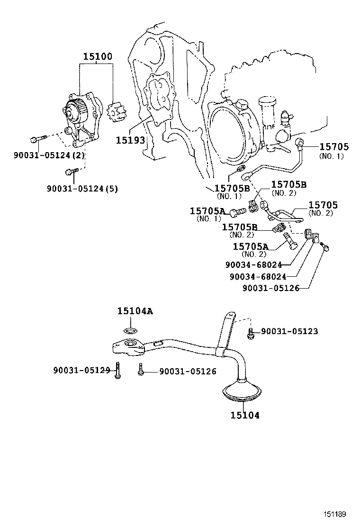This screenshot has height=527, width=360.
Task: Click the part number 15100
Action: pyautogui.click(x=98, y=57)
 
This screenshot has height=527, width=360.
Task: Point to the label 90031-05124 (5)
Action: pyautogui.click(x=82, y=188)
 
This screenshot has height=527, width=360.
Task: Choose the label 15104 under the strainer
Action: pyautogui.click(x=245, y=415)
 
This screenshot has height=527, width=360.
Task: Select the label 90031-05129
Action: pyautogui.click(x=81, y=370)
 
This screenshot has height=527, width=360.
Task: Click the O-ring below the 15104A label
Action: pyautogui.click(x=131, y=329)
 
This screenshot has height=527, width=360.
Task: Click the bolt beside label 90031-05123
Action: pyautogui.click(x=251, y=333)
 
